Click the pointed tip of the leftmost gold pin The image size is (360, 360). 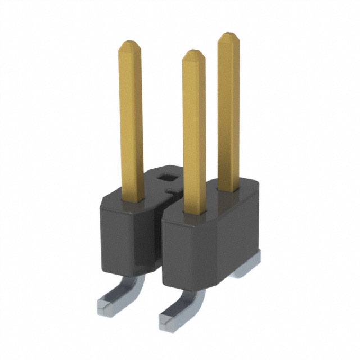pos(130,44)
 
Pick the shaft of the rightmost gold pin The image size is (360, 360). pos(229,112)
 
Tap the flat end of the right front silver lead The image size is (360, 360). pos(168,320)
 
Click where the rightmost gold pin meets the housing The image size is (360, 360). pos(229,189)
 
